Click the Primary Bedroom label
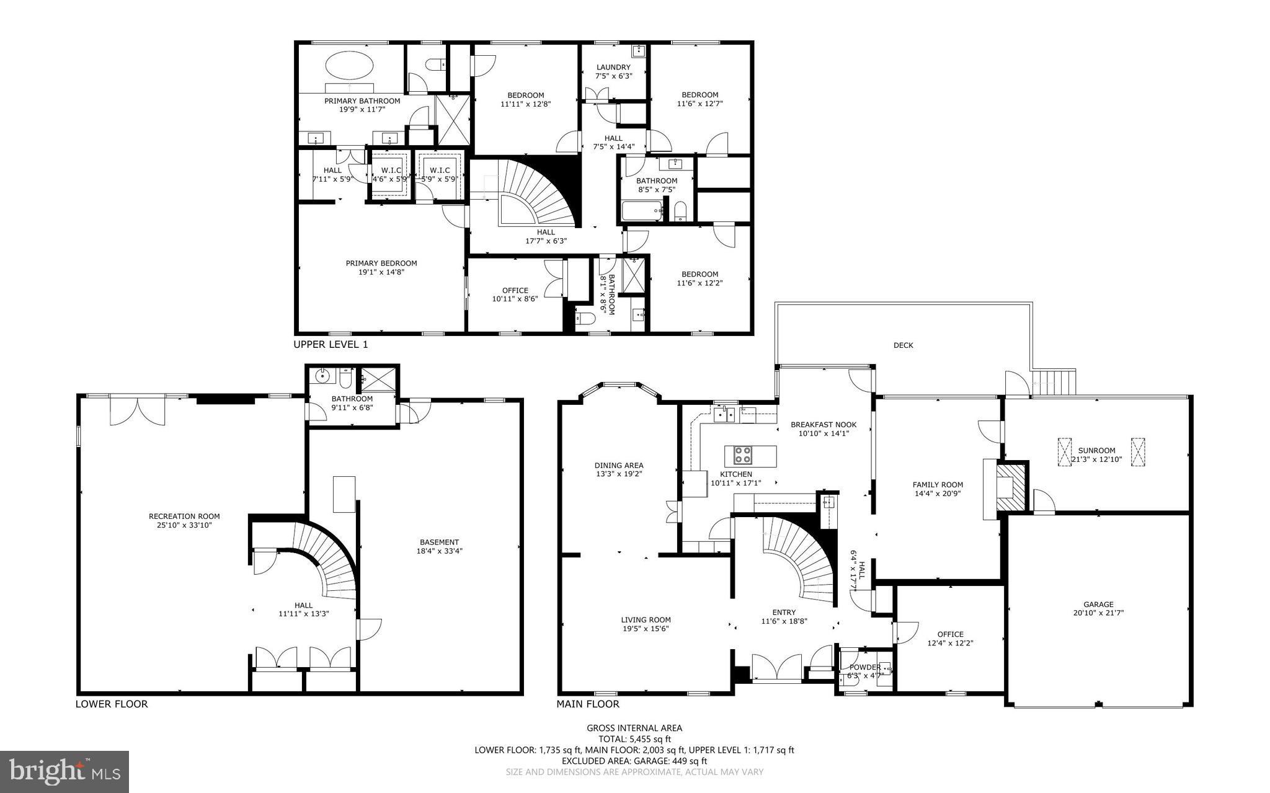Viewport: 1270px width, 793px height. pyautogui.click(x=381, y=264)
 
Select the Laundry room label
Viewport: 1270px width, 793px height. pyautogui.click(x=613, y=68)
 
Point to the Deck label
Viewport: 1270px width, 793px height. pyautogui.click(x=903, y=345)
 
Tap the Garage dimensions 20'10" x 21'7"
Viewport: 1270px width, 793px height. pyautogui.click(x=1098, y=613)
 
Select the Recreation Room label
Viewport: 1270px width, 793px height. pyautogui.click(x=184, y=516)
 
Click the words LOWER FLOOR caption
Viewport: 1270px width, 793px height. pyautogui.click(x=112, y=704)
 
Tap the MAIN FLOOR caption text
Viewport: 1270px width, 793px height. pyautogui.click(x=587, y=704)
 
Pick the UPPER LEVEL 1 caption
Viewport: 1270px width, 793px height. pyautogui.click(x=331, y=345)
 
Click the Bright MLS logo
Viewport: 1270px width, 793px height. pyautogui.click(x=64, y=771)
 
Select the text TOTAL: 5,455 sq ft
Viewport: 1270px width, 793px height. pyautogui.click(x=634, y=739)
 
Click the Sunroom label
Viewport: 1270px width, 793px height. pyautogui.click(x=1096, y=451)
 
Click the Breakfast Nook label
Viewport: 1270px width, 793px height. pyautogui.click(x=823, y=425)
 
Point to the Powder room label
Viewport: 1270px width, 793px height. pyautogui.click(x=864, y=667)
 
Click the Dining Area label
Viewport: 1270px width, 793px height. pyautogui.click(x=618, y=466)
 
